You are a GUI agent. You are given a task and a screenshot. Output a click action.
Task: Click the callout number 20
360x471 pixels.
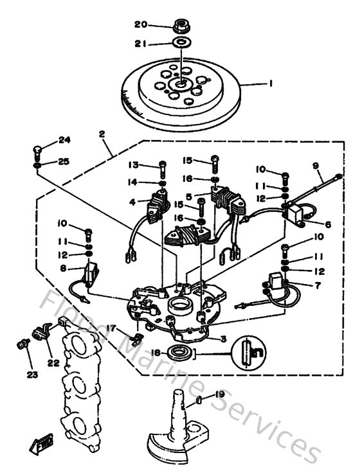pos(141,24)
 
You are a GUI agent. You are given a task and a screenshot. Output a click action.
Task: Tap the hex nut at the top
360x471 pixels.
pos(181,26)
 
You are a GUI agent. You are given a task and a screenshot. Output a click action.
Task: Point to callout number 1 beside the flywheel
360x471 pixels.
pos(271,83)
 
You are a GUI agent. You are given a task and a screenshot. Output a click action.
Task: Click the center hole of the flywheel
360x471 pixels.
pos(181,84)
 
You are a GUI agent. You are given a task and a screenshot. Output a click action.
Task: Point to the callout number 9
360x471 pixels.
pos(316,165)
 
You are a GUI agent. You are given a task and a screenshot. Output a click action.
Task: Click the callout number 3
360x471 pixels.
pos(223,339)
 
